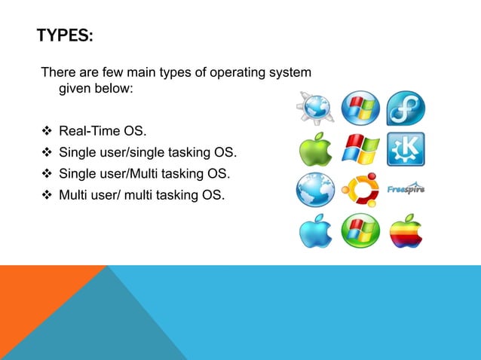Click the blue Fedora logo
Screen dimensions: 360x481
(406, 108)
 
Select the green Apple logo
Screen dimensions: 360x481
(316, 149)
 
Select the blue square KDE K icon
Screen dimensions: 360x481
(406, 148)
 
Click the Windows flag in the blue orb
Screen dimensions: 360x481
(360, 108)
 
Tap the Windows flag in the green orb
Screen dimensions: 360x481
(360, 231)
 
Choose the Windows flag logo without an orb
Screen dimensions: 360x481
(360, 149)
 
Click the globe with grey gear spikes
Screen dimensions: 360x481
(315, 108)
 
